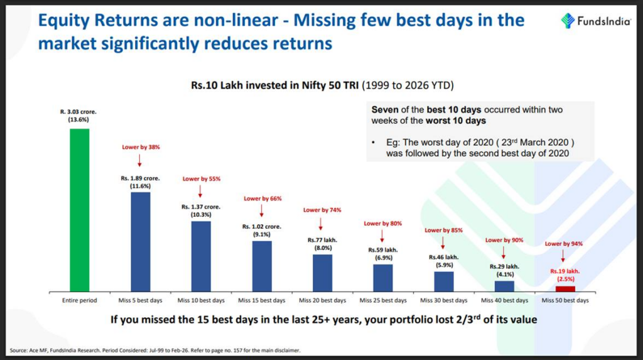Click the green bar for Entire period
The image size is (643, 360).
pos(79,210)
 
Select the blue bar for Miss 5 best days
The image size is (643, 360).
pos(140,242)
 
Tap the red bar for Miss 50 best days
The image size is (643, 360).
pos(565,288)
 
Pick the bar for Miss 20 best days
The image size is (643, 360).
pos(322,273)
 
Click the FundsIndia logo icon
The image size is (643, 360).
pos(568,20)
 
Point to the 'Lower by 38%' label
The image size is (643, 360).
pos(140,147)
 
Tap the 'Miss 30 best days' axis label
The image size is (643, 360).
pos(443,300)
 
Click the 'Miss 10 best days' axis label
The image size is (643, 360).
pos(201,300)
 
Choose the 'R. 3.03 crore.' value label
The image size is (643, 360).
pos(79,111)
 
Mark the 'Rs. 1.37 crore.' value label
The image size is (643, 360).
pos(201,207)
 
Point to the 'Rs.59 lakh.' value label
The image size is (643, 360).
pos(383,249)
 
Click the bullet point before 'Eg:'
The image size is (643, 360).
pos(374,143)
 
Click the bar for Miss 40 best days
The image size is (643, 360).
pos(504,286)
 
